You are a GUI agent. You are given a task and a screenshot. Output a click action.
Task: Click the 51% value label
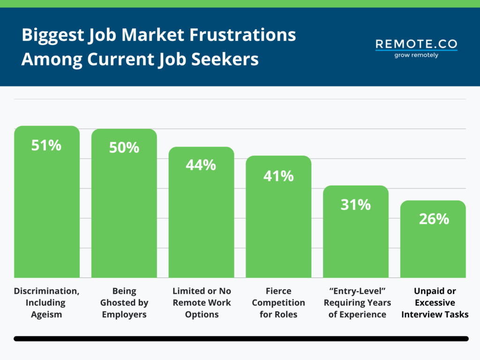tap(46, 145)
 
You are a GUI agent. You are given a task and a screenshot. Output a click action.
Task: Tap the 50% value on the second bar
tap(124, 148)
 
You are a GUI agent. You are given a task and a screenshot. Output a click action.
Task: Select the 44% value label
tap(201, 165)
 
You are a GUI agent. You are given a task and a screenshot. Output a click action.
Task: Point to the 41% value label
tap(278, 176)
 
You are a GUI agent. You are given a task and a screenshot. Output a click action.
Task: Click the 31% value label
tap(356, 204)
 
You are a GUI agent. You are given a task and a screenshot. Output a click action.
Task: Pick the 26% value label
tap(434, 219)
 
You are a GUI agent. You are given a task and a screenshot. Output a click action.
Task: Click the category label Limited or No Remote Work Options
tap(202, 303)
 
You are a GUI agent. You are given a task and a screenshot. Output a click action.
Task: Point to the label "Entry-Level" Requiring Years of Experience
tap(357, 303)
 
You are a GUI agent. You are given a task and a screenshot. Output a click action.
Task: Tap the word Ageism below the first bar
tap(46, 315)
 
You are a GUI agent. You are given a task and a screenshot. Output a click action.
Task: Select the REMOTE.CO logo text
tap(416, 45)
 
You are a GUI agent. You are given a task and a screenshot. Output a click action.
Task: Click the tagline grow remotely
tap(416, 55)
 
